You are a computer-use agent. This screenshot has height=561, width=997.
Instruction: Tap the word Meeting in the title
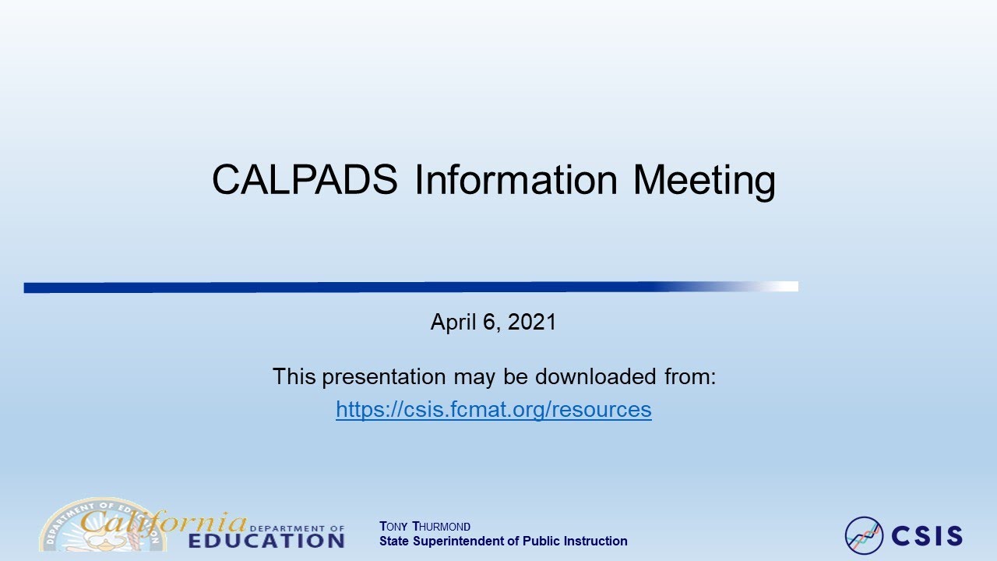[703, 181]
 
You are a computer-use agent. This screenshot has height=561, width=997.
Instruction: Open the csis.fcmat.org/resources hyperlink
[493, 409]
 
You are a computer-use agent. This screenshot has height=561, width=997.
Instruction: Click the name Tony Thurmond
[425, 527]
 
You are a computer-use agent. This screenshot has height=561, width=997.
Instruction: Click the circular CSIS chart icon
[864, 535]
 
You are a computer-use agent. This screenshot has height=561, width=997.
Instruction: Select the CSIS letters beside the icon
[927, 536]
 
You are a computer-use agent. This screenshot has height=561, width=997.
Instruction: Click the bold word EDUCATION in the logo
[266, 540]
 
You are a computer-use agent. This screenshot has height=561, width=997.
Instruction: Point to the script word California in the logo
[164, 520]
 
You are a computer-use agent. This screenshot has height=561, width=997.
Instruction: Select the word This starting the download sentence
[294, 377]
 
